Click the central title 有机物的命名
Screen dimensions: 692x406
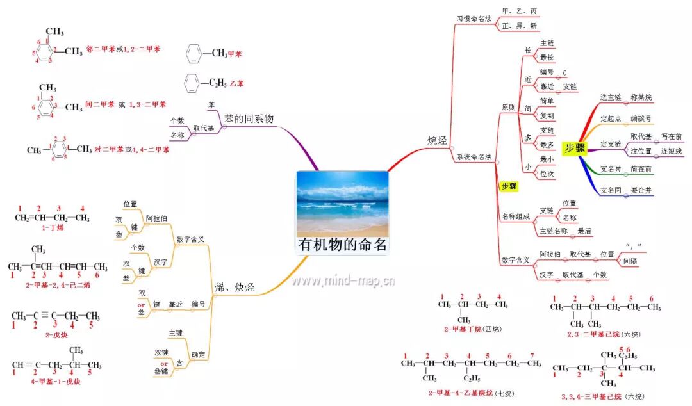point(343,245)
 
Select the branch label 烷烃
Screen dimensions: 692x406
point(437,140)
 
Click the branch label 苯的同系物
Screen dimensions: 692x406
point(249,119)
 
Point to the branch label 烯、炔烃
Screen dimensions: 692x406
point(235,288)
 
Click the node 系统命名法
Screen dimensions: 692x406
point(474,157)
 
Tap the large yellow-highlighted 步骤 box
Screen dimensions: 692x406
point(575,148)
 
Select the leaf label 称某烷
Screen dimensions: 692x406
point(641,97)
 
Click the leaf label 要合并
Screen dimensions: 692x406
point(641,190)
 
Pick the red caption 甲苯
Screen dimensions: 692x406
point(235,54)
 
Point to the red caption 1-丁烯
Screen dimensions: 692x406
point(52,227)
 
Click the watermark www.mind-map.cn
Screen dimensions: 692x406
point(343,280)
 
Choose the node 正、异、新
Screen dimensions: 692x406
point(520,26)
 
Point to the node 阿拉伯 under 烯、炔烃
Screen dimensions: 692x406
point(156,218)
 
